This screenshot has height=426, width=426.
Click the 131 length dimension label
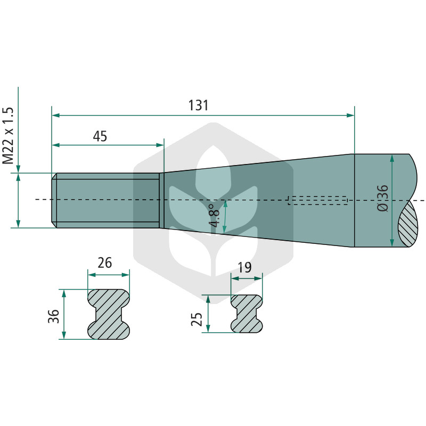(198, 105)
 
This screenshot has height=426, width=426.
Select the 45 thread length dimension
(100, 136)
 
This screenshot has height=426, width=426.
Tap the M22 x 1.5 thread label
(8, 135)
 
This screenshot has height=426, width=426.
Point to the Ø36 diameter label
(383, 198)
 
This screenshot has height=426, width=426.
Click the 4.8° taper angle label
(215, 216)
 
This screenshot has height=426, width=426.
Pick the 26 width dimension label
(104, 263)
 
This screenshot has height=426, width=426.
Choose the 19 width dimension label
(244, 268)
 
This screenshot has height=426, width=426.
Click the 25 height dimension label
(196, 319)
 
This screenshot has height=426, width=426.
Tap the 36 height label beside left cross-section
(54, 316)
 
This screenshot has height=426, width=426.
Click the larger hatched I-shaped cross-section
(109, 314)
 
